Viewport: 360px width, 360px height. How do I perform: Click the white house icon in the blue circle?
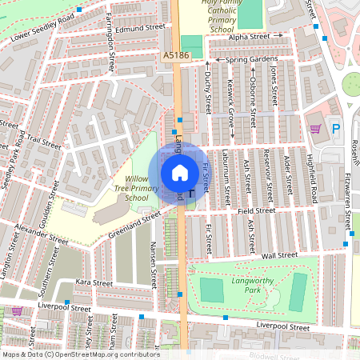(180, 172)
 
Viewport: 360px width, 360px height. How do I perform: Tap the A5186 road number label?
(176, 56)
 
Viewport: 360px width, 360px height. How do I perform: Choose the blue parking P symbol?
(336, 128)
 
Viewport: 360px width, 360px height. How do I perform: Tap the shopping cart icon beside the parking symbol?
(315, 128)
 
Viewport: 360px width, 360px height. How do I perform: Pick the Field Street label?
(256, 210)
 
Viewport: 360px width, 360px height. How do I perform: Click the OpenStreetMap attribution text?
(81, 354)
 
